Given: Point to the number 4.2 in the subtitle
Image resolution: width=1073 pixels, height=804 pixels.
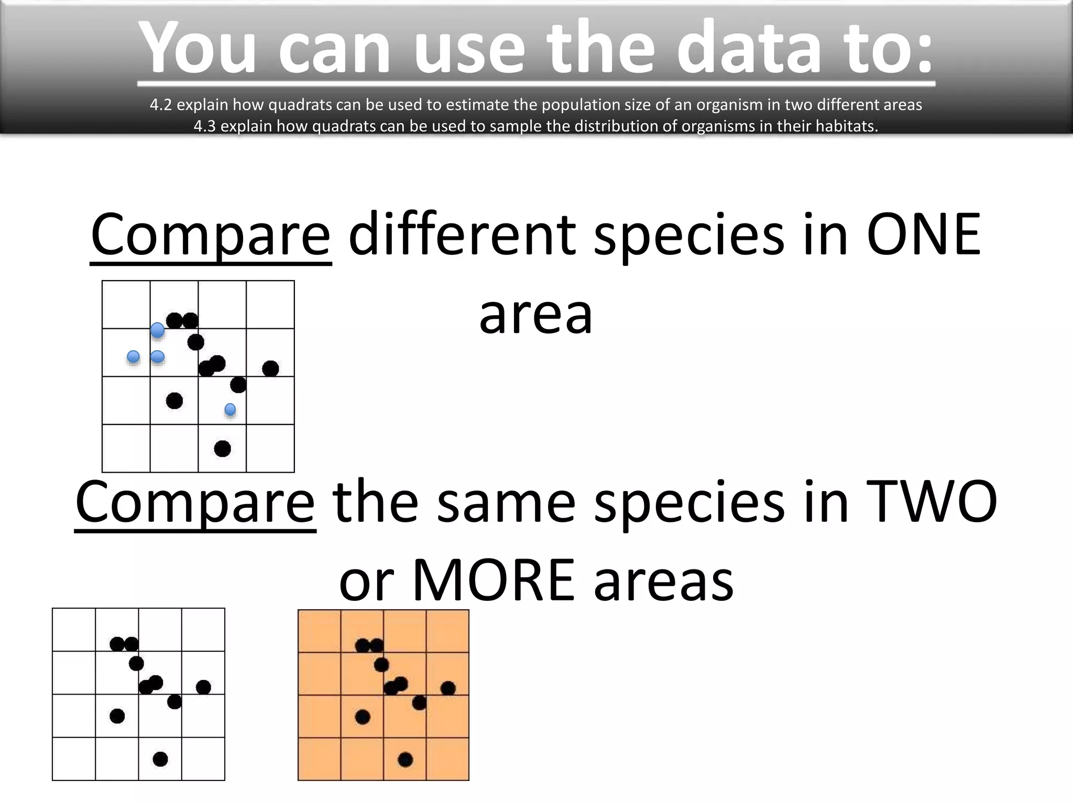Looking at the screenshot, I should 160,105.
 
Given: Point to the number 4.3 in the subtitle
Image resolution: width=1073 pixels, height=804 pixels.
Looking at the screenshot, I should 204,126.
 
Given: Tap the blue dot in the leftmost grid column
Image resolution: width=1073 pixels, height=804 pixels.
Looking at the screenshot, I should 134,356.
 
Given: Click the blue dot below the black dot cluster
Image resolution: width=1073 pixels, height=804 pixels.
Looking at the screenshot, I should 230,409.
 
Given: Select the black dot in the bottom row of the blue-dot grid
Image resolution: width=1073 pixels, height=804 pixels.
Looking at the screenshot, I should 223,449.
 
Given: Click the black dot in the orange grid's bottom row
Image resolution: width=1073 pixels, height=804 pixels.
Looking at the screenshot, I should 405,759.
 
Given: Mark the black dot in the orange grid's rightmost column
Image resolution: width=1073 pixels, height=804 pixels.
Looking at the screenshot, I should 448,688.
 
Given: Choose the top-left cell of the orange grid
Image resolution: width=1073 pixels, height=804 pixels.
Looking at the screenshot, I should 320,631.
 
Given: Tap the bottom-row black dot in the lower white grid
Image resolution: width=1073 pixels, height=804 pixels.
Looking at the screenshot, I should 160,758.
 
